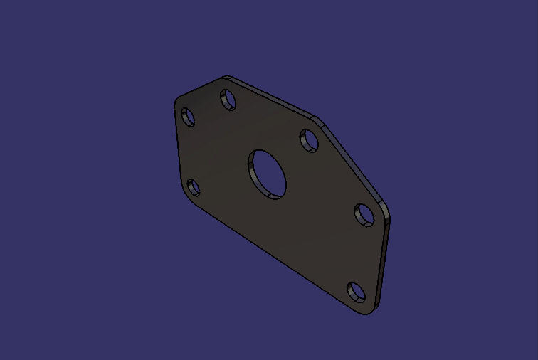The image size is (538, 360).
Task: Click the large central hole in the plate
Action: click(268, 173)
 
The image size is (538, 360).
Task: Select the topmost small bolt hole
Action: click(228, 99)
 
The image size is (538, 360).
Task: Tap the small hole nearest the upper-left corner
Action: click(188, 117)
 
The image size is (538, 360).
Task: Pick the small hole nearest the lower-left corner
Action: click(193, 188)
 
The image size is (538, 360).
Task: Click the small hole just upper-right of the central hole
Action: click(309, 140)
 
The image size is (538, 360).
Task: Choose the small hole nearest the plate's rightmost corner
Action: click(364, 214)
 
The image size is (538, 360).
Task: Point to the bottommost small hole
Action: click(357, 292)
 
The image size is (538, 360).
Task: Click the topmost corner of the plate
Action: click(225, 77)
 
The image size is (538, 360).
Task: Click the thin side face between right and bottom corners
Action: click(384, 263)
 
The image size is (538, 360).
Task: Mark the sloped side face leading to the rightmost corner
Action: click(356, 163)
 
